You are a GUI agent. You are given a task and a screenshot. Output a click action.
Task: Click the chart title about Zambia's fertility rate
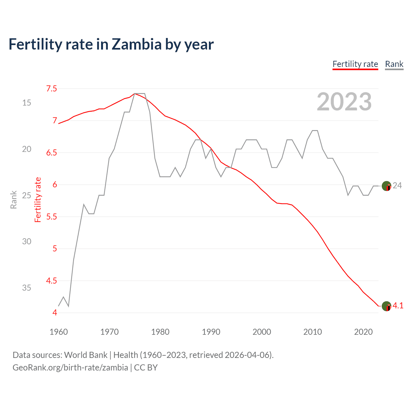[111, 44]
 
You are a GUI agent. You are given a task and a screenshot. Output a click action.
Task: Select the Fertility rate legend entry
[355, 64]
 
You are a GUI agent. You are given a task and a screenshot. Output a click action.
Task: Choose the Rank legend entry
[394, 64]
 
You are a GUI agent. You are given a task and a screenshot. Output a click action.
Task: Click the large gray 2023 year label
[344, 102]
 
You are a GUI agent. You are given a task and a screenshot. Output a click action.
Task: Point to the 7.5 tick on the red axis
[51, 89]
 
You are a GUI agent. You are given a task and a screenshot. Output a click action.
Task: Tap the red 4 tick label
[55, 313]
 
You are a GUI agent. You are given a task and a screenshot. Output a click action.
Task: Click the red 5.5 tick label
[51, 217]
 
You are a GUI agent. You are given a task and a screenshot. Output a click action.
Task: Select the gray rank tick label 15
[27, 103]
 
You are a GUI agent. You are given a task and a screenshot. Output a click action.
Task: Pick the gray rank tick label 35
[27, 288]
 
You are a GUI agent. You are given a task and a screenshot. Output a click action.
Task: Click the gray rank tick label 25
[27, 195]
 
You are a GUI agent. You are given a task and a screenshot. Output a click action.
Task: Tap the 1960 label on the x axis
[59, 332]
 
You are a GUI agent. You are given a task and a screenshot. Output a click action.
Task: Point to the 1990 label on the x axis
[211, 332]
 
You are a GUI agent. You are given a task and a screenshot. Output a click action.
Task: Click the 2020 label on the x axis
[363, 332]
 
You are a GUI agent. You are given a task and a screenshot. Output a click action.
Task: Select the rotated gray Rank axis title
[14, 200]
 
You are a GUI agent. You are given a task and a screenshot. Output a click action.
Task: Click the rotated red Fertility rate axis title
[38, 200]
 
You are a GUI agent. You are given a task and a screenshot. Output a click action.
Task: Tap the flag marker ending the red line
[386, 306]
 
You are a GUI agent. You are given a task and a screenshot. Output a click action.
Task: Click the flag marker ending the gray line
[386, 186]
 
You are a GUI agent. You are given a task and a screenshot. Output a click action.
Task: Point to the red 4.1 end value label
[398, 306]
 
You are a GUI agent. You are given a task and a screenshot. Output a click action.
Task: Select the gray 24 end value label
[398, 185]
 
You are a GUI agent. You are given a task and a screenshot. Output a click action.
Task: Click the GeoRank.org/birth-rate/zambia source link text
[70, 368]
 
